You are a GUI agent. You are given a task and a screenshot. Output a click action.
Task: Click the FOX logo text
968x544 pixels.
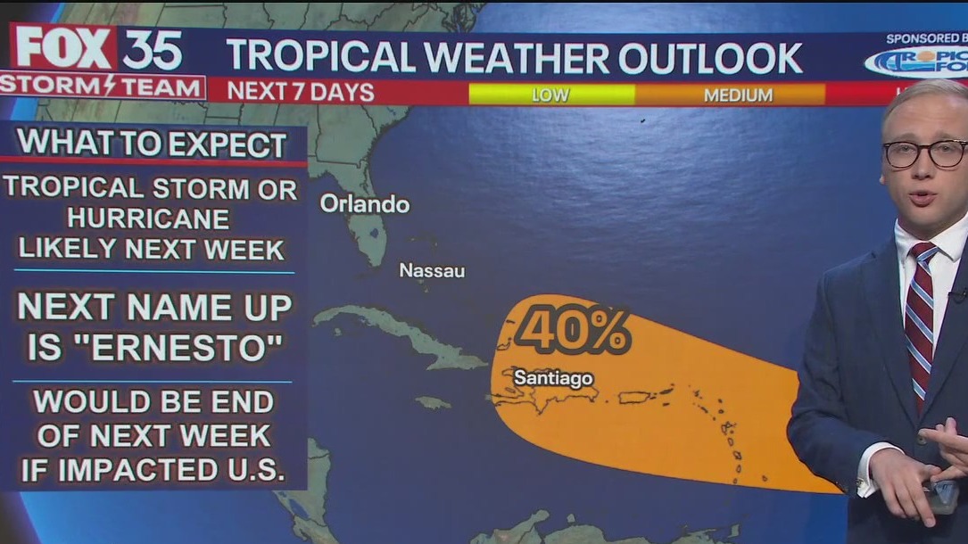pyautogui.click(x=64, y=48)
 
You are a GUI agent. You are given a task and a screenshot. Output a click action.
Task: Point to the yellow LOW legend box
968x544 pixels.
pyautogui.click(x=550, y=95)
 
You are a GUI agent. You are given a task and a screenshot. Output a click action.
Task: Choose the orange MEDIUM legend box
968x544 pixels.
pyautogui.click(x=737, y=95)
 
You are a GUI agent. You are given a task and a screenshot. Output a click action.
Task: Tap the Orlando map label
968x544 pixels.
pyautogui.click(x=364, y=204)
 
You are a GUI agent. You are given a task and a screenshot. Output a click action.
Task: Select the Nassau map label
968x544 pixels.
pyautogui.click(x=432, y=270)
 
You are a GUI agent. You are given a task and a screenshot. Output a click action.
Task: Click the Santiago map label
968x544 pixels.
pyautogui.click(x=553, y=378)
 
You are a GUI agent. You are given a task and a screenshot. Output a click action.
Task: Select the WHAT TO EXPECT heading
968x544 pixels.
pyautogui.click(x=153, y=144)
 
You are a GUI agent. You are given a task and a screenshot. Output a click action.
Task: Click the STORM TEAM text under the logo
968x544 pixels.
pyautogui.click(x=102, y=87)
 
